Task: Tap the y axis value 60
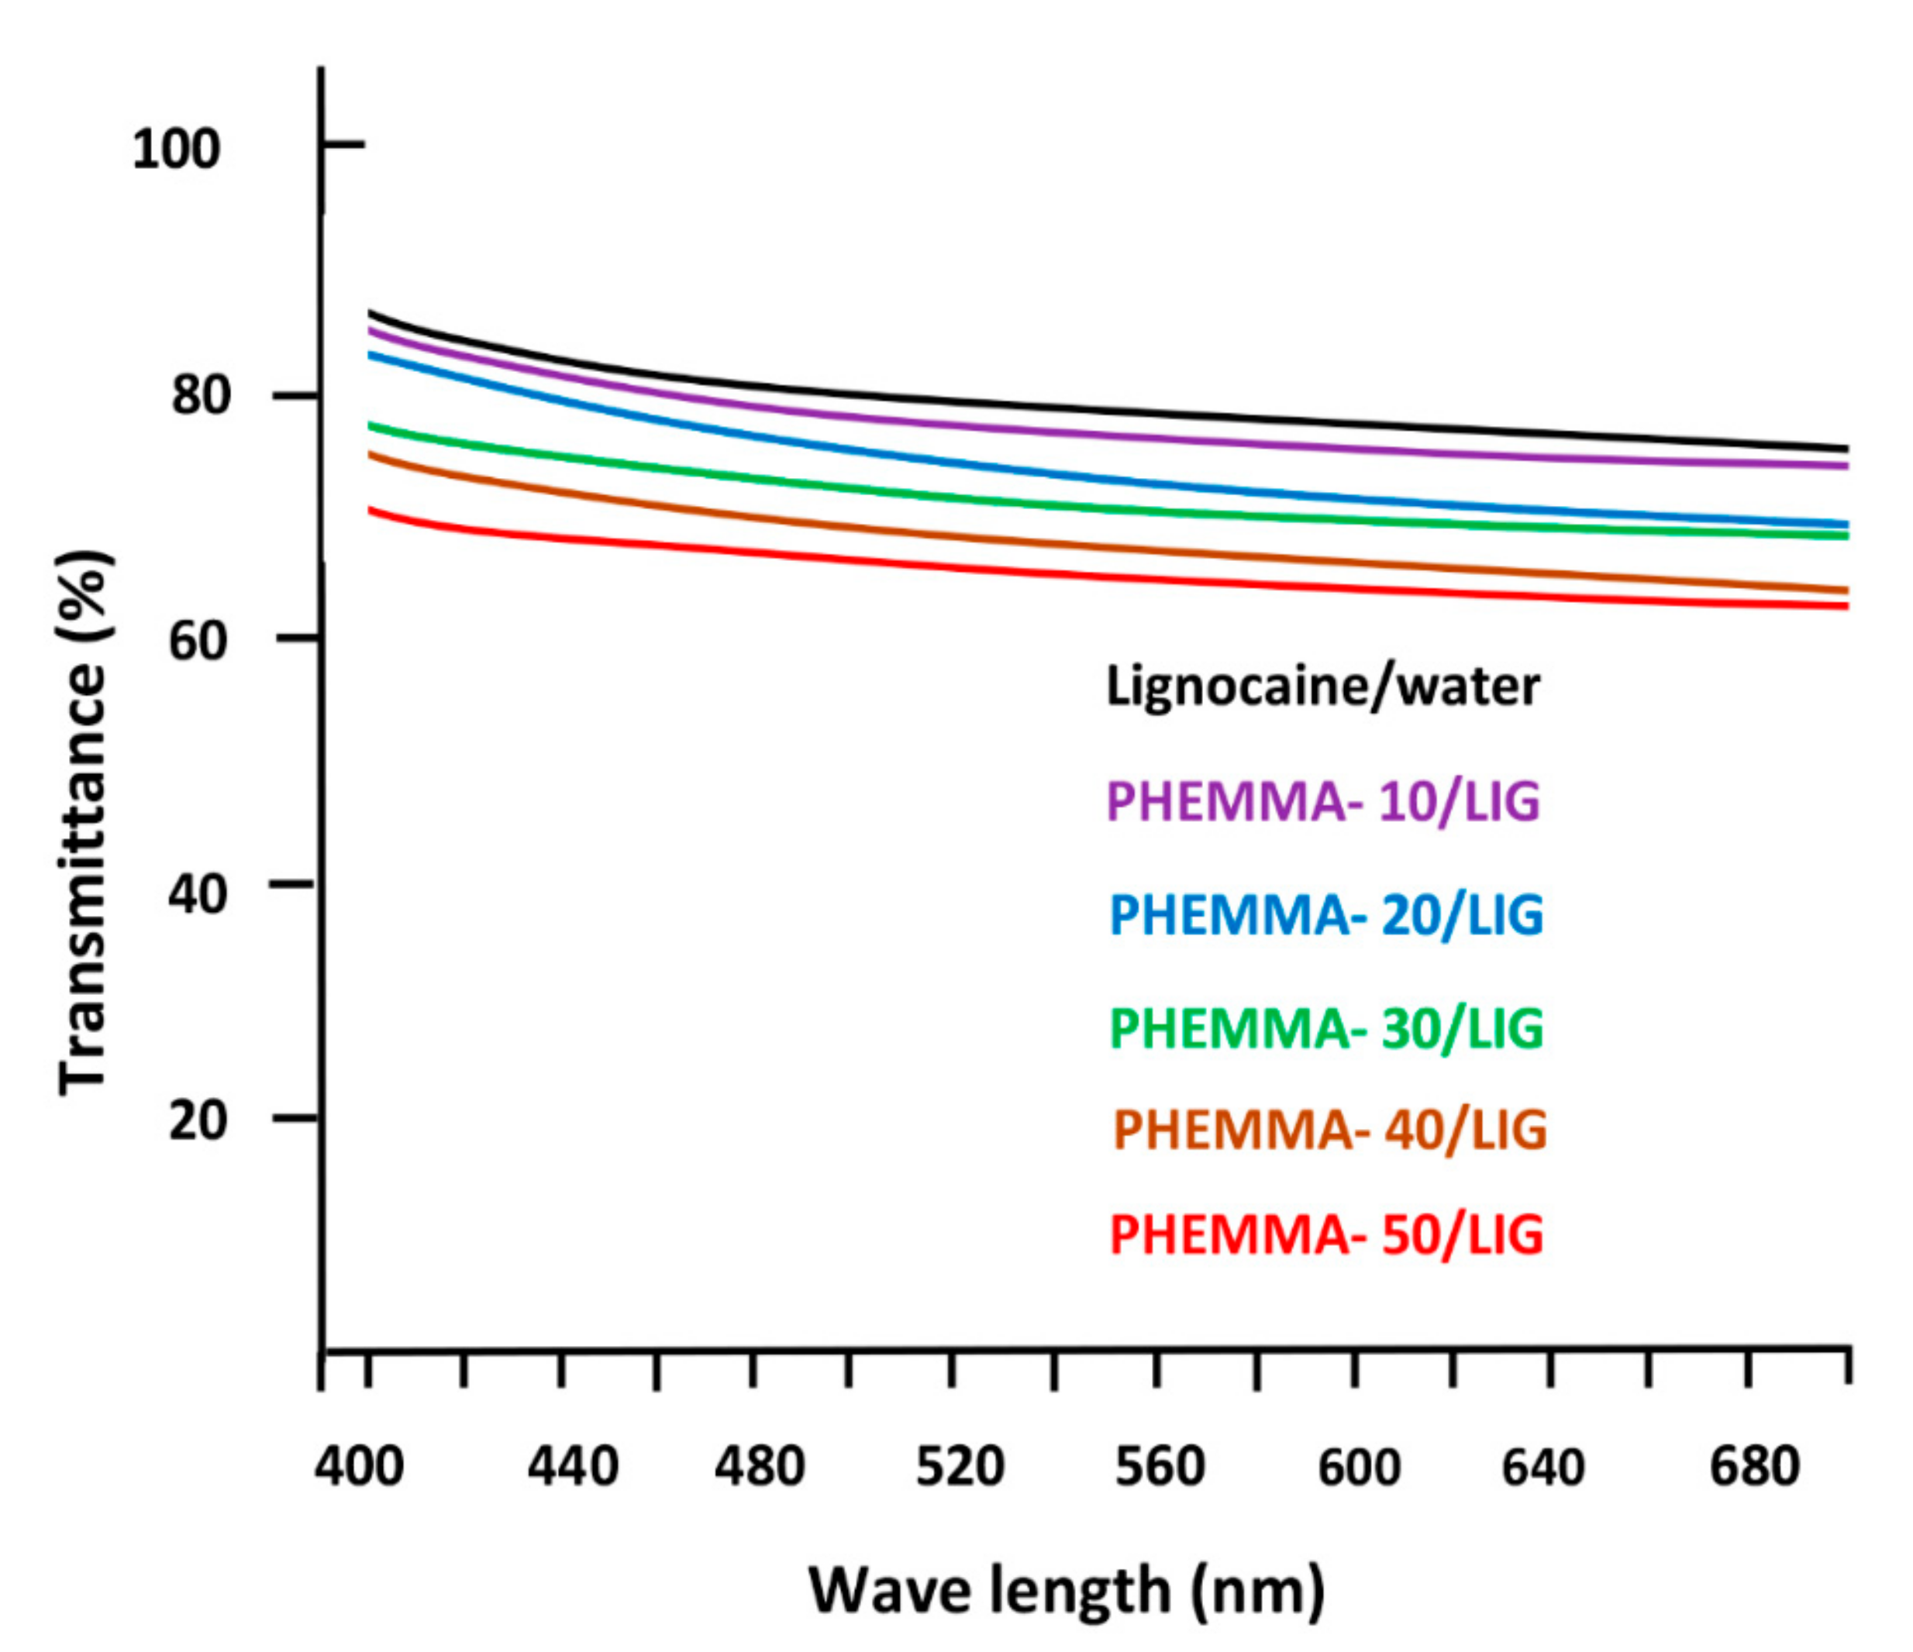click(x=198, y=639)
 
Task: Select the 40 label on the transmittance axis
click(x=198, y=893)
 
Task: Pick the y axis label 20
click(x=198, y=1120)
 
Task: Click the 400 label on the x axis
click(x=358, y=1465)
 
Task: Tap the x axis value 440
click(x=572, y=1465)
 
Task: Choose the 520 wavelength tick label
click(x=960, y=1465)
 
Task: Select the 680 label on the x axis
click(x=1754, y=1465)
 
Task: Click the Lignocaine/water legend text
click(x=1323, y=687)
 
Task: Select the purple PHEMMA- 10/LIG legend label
click(x=1323, y=800)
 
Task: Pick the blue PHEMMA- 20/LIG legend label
click(x=1325, y=914)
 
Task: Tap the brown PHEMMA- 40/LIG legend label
click(x=1329, y=1130)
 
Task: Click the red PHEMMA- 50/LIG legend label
click(x=1325, y=1235)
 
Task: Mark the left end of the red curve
click(x=371, y=509)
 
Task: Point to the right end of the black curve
click(x=1846, y=449)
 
